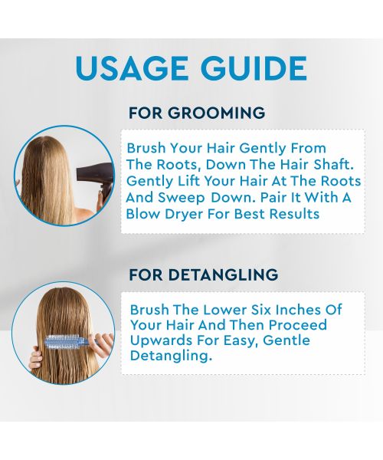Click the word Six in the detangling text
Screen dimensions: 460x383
264,310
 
